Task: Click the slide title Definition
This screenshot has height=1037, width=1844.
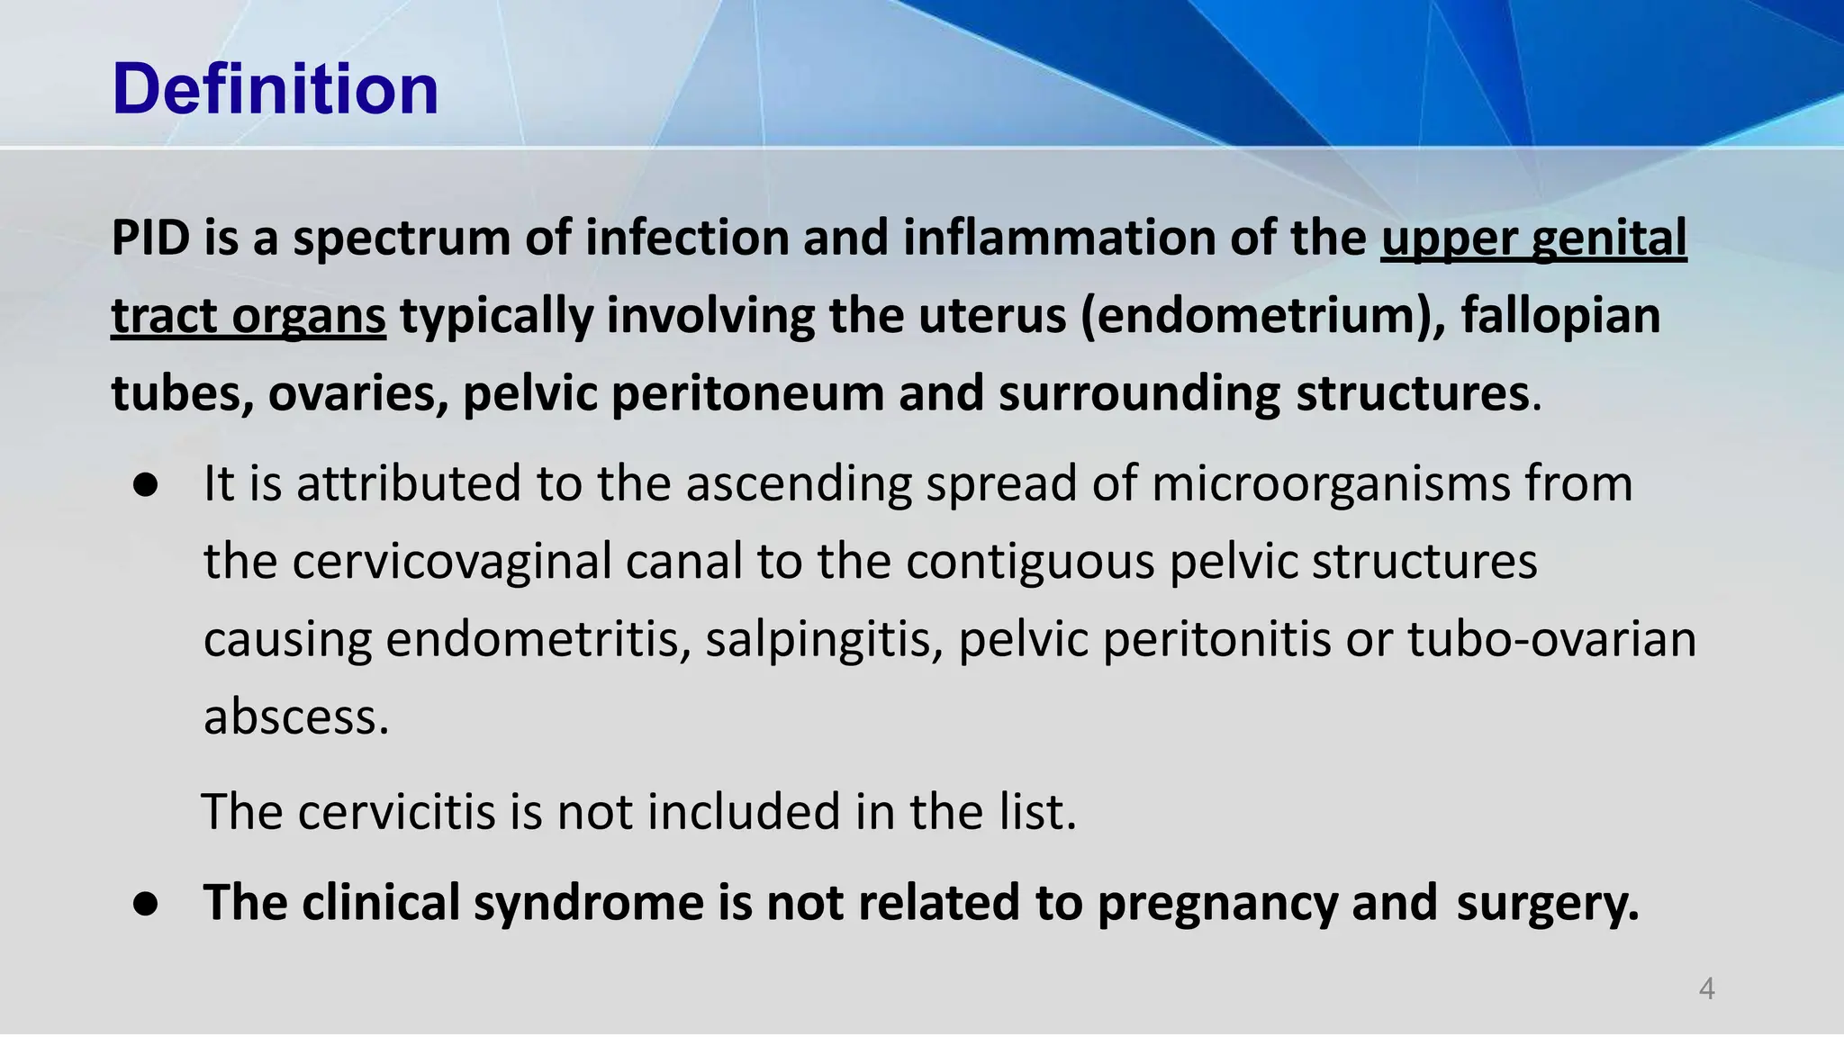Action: coord(276,90)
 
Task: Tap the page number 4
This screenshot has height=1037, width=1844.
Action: coord(1706,989)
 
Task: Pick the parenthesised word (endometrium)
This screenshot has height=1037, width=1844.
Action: coord(1263,317)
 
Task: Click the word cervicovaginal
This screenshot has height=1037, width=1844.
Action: coord(452,562)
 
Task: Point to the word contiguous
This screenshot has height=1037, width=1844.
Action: coord(1030,562)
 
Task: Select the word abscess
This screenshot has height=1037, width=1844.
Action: coord(296,717)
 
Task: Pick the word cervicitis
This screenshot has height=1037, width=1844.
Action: coord(396,812)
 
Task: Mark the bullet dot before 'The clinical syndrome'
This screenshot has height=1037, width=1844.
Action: coord(146,904)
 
